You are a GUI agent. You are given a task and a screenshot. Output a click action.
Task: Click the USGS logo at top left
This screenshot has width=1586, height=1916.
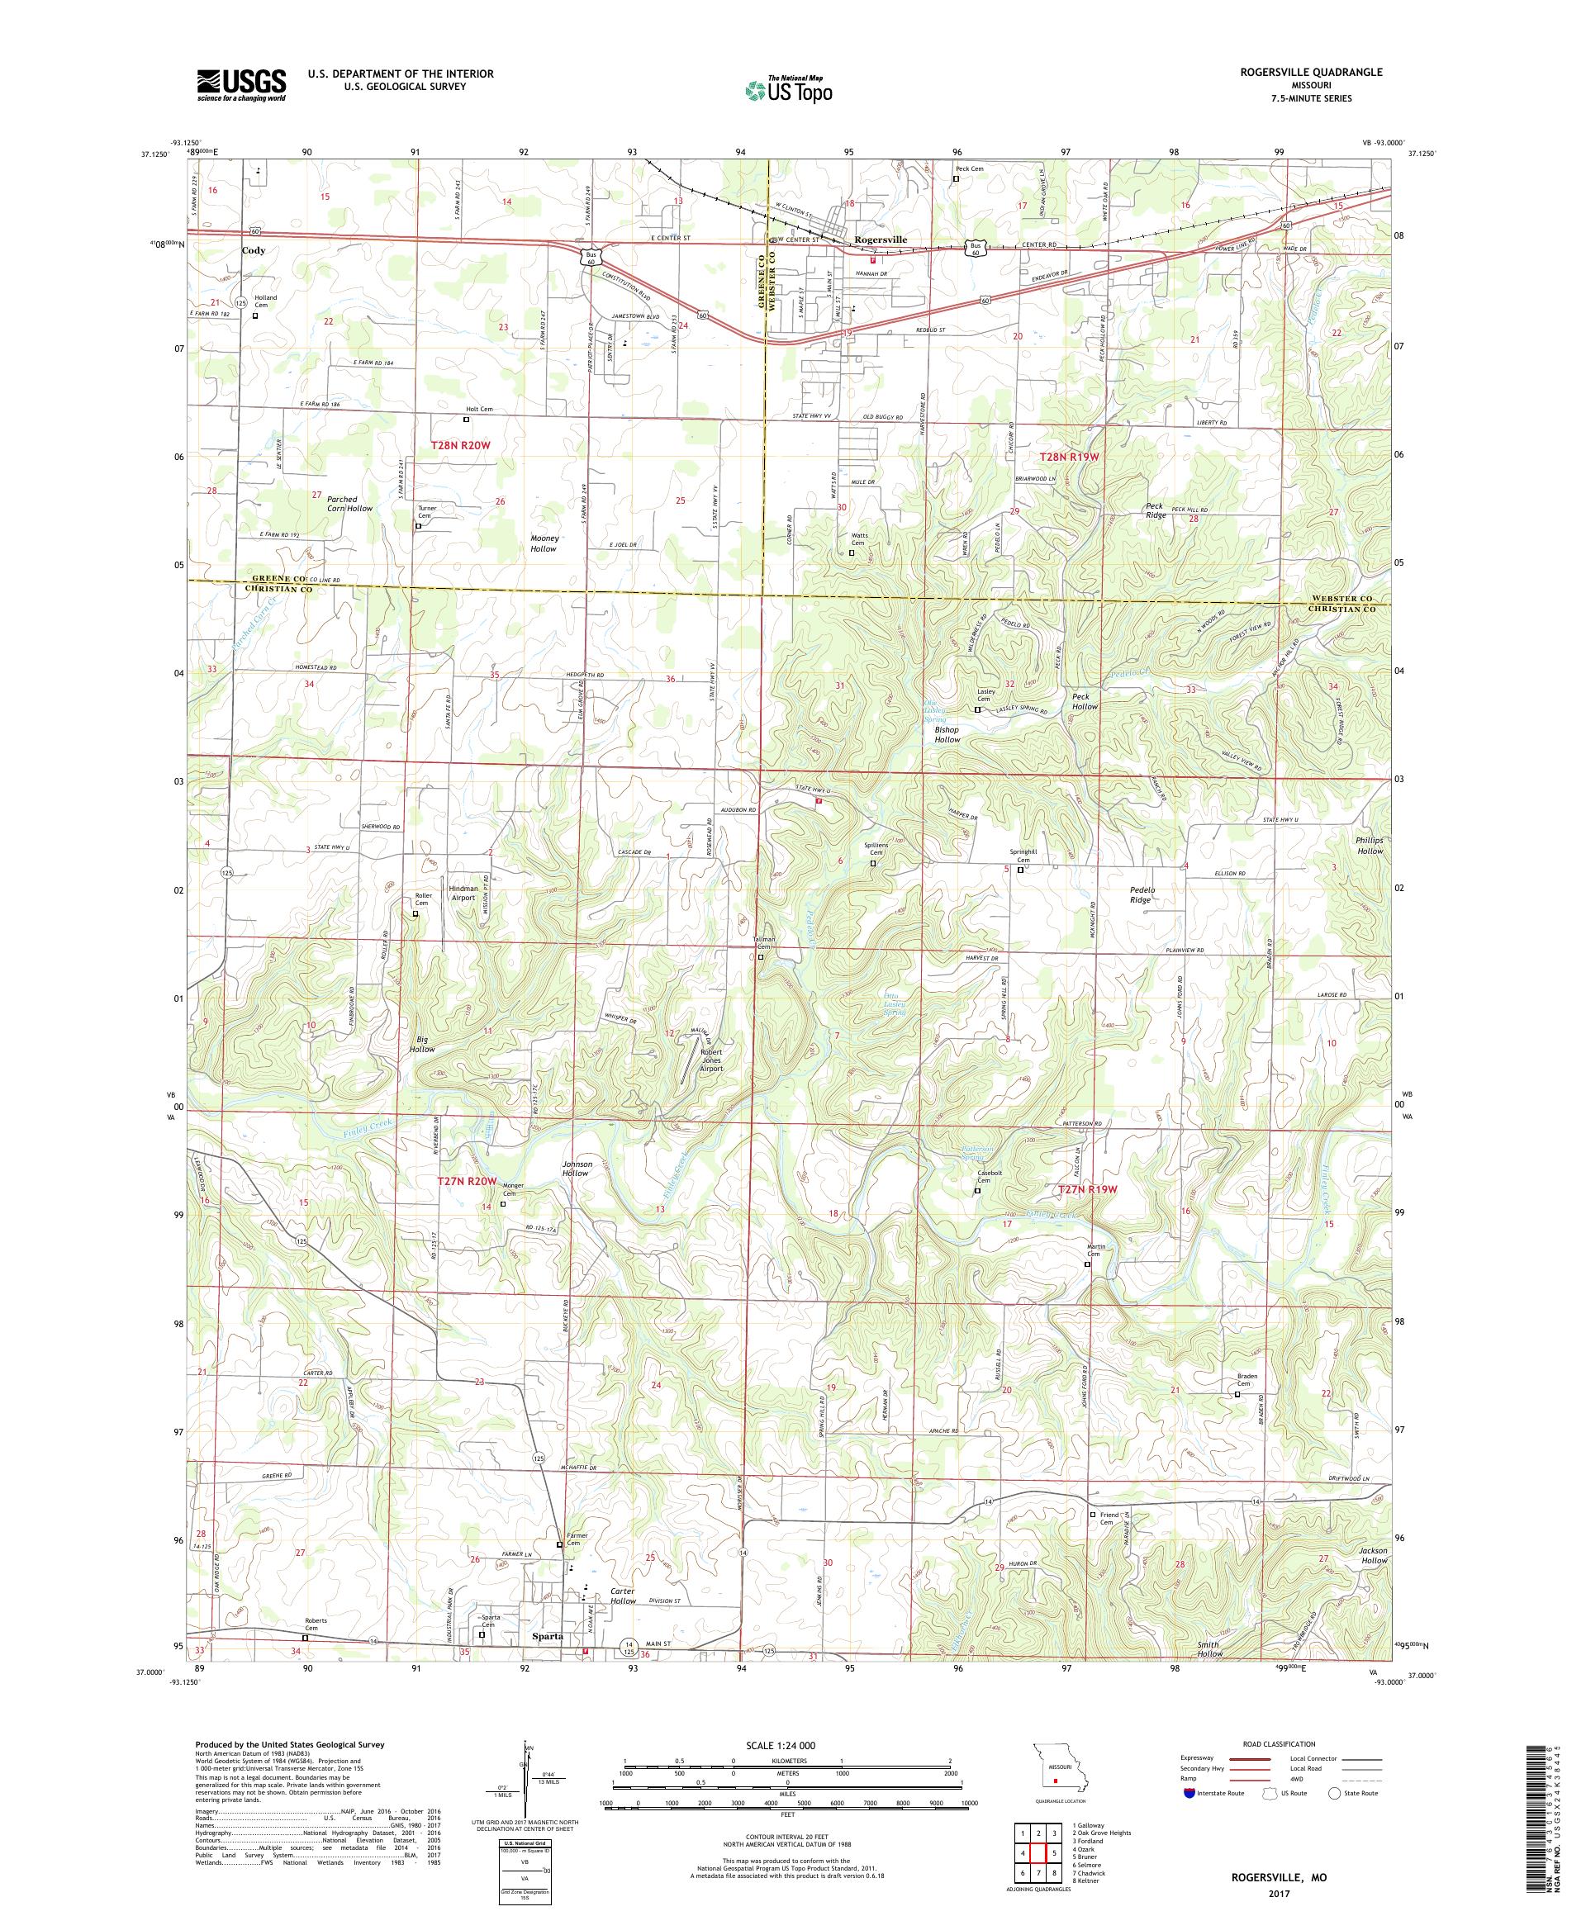point(241,86)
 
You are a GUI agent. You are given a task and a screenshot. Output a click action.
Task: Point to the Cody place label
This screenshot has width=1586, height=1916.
point(254,250)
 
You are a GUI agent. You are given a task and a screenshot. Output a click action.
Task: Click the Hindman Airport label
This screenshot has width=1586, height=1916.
point(463,892)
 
